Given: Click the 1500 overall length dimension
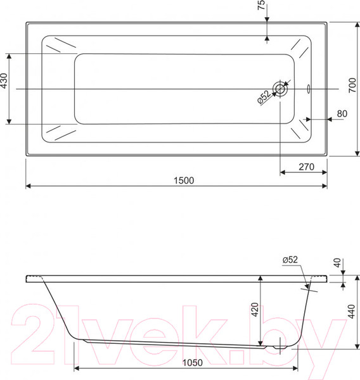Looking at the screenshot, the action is [x=184, y=180].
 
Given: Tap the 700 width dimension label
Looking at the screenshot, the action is [x=352, y=85].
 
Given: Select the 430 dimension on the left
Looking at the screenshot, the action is [x=4, y=80].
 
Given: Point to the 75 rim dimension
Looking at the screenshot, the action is [x=261, y=5].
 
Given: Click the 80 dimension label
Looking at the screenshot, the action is [x=342, y=113].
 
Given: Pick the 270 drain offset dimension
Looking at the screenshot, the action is [x=306, y=167].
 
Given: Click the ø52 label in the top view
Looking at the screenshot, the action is [x=264, y=97].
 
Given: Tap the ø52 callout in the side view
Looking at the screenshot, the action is [x=290, y=260].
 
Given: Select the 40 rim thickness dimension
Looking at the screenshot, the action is [x=337, y=263].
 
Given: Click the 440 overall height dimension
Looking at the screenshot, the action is [x=351, y=312].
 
